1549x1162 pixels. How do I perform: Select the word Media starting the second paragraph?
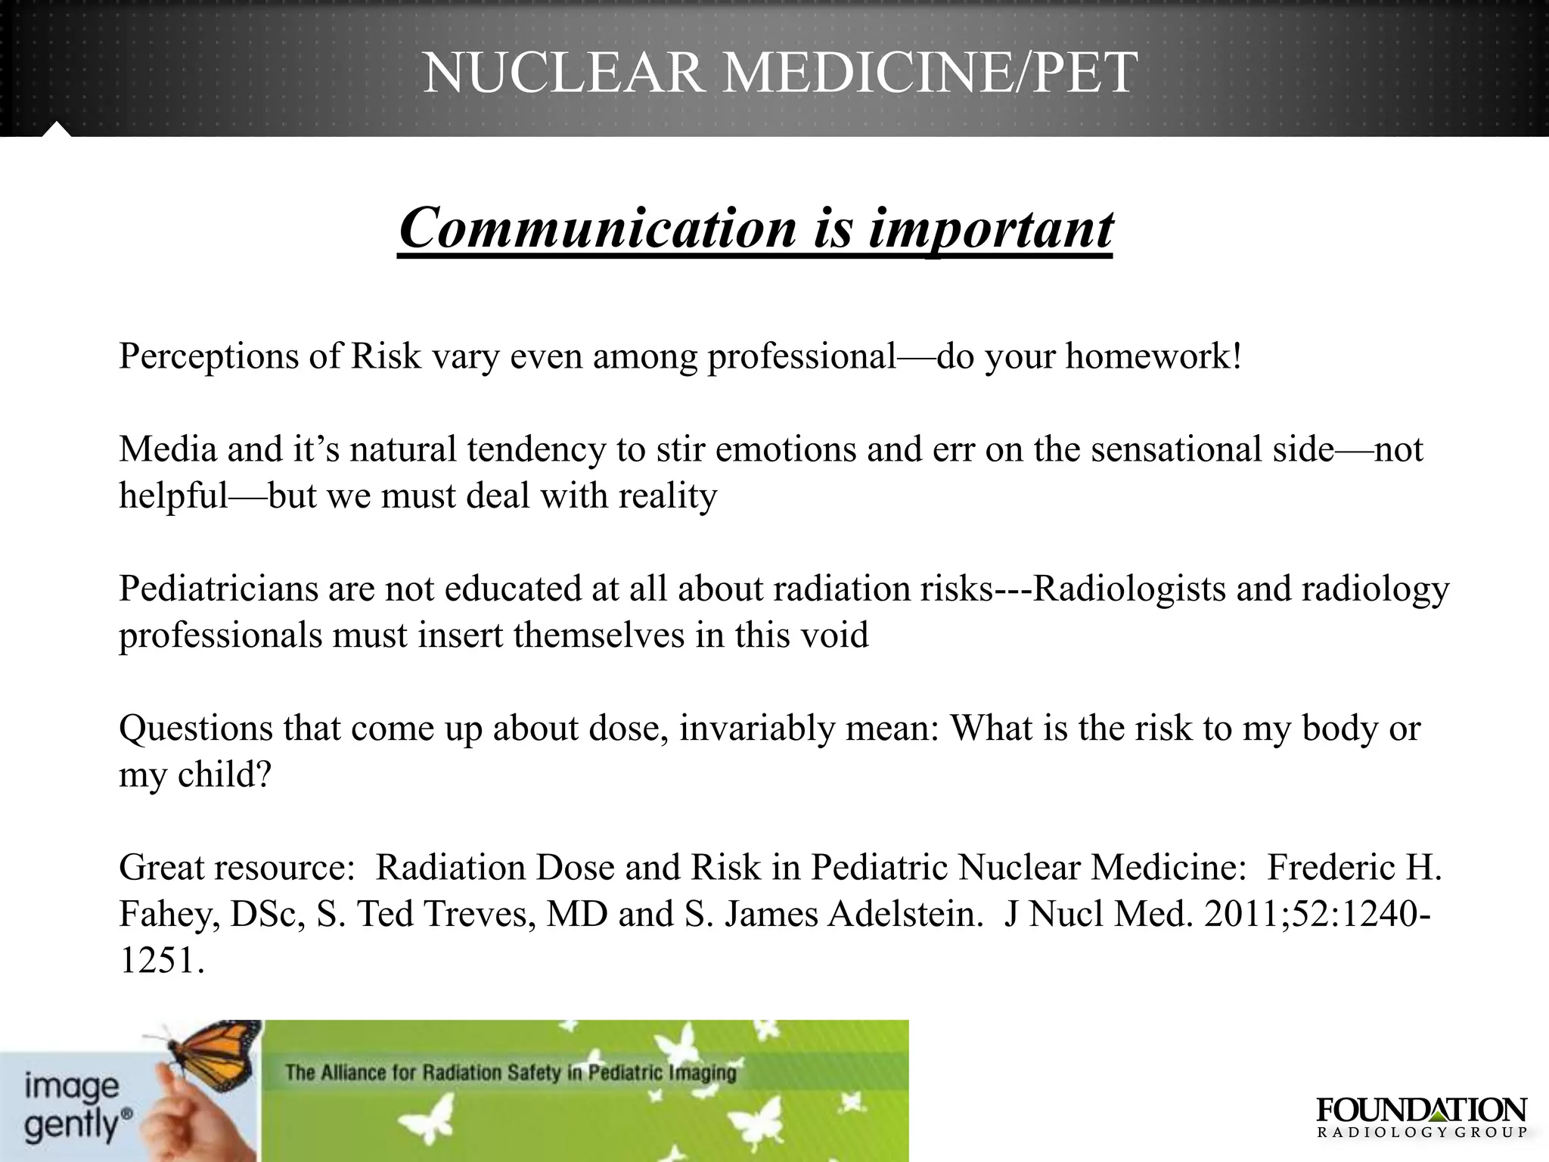(x=168, y=449)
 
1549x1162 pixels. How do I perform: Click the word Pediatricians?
(x=219, y=589)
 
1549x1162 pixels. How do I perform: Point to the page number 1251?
(x=157, y=961)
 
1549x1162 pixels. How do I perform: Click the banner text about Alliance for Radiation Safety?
(x=511, y=1073)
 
